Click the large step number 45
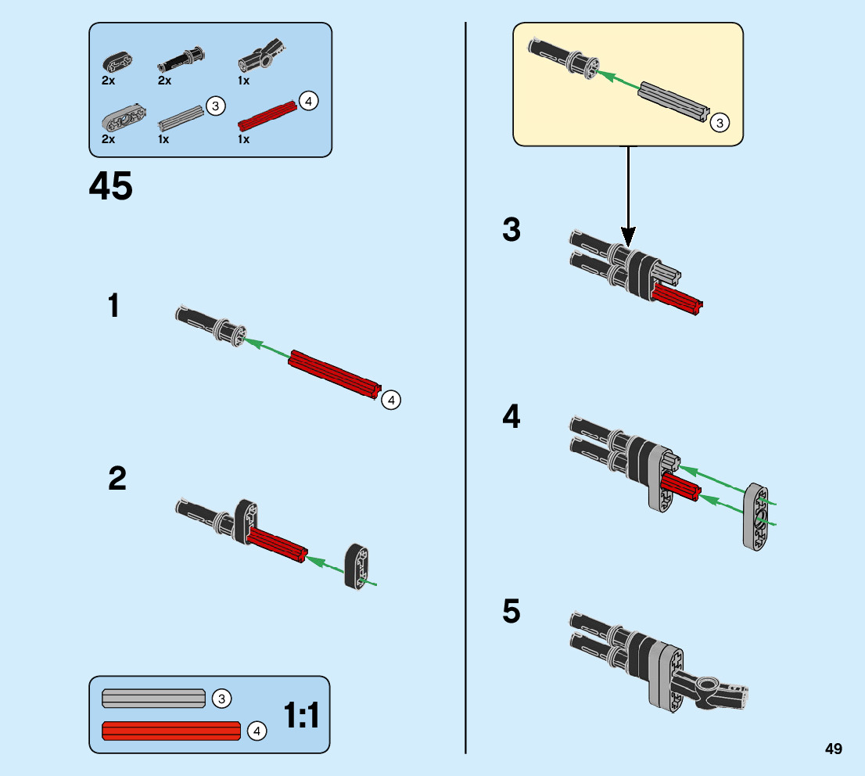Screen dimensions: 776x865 111,186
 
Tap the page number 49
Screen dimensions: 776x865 833,749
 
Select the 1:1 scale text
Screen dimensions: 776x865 302,715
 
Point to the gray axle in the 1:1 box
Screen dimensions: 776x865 153,697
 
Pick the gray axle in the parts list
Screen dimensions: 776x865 181,118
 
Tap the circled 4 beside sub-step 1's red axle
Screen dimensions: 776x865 391,400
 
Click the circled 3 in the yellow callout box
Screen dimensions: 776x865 720,122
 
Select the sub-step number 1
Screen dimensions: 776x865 115,306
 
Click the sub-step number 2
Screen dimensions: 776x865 117,479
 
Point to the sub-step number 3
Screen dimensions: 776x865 511,231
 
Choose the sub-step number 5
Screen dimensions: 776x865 511,612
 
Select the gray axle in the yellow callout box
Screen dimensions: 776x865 673,99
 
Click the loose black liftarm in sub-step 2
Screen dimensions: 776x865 358,565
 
